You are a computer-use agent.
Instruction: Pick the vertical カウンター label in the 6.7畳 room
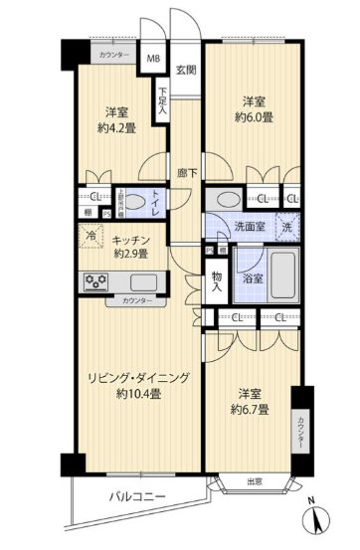[x=299, y=431]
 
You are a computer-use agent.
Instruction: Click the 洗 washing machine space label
[x=287, y=226]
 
